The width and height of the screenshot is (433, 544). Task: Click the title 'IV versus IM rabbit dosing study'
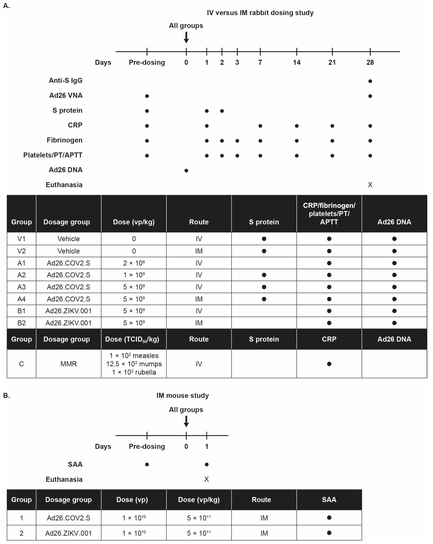point(260,13)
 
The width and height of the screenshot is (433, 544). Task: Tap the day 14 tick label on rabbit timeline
point(297,62)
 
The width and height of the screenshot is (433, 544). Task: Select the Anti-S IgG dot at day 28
point(370,81)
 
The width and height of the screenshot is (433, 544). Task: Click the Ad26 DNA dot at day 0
point(186,171)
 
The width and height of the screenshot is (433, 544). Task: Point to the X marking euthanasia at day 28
point(370,185)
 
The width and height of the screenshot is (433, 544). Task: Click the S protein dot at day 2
point(222,111)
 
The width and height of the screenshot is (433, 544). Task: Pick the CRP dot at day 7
point(260,126)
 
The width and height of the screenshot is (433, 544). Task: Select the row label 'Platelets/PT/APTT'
point(53,155)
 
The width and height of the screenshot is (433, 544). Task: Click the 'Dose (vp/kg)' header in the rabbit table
point(134,222)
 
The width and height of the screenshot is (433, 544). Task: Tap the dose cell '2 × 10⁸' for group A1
point(134,263)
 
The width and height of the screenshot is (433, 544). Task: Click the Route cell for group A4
point(199,299)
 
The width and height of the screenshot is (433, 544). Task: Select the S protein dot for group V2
point(264,251)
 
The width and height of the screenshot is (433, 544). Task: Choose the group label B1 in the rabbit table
point(21,311)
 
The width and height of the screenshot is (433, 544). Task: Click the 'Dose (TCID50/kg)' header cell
point(132,339)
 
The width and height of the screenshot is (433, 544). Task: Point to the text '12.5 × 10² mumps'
point(134,364)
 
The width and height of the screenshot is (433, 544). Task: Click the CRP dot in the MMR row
point(329,364)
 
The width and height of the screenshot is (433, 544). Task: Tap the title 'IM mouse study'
point(183,395)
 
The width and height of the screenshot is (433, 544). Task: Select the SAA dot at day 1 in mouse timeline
point(206,464)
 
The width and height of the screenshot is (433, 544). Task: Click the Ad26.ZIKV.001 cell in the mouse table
point(68,533)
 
